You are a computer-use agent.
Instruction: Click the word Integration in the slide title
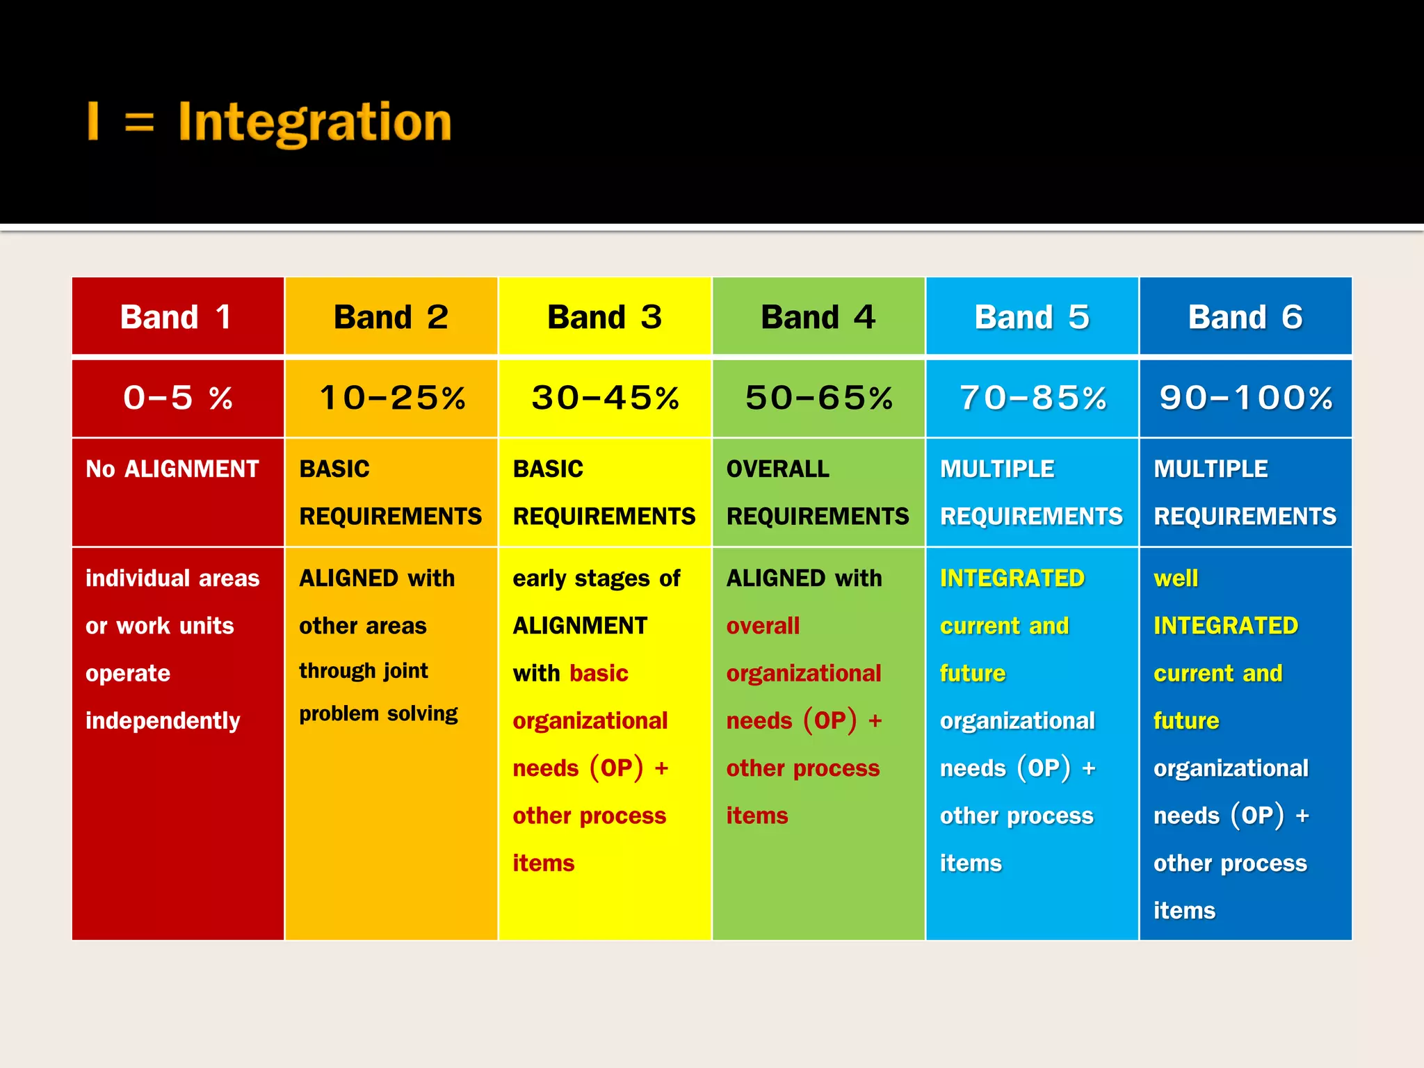tap(315, 122)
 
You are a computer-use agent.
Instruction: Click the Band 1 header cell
tap(177, 317)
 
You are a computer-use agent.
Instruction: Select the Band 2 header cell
tap(391, 317)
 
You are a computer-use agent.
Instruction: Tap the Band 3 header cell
tap(604, 317)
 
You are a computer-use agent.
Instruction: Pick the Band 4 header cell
tap(818, 317)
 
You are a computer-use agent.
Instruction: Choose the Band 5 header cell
tap(1032, 317)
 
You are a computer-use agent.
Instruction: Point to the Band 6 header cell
tap(1245, 317)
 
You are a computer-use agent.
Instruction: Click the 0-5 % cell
tap(177, 398)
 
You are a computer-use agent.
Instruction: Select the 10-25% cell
tap(391, 398)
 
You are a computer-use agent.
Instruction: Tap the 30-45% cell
tap(604, 398)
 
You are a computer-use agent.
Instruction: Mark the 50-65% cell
tap(818, 398)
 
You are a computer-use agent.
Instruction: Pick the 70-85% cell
tap(1032, 398)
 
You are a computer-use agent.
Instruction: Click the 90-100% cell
tap(1245, 398)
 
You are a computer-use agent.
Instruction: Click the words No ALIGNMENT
tap(172, 469)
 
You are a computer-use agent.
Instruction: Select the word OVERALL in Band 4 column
tap(777, 469)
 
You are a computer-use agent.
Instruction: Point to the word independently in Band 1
tap(163, 721)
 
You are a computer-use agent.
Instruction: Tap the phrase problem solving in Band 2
tap(378, 714)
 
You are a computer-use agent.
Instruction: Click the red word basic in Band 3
tap(599, 673)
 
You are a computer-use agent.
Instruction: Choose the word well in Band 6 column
tap(1176, 578)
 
